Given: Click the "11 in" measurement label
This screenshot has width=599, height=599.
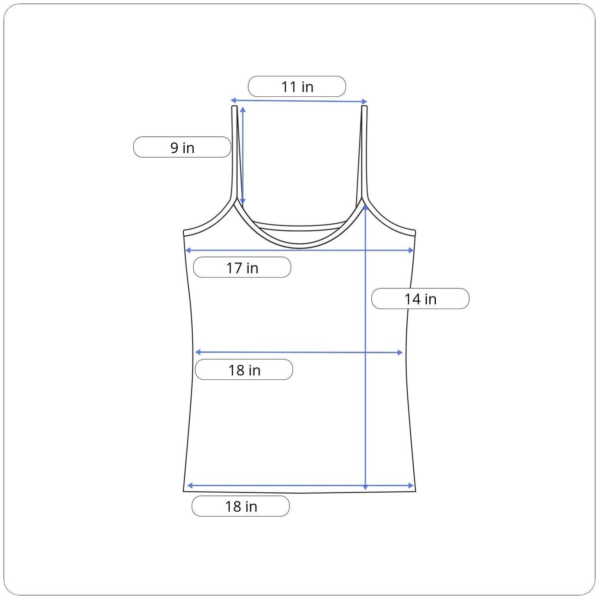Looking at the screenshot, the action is (x=297, y=87).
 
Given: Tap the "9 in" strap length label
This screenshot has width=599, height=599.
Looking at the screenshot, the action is (x=183, y=148).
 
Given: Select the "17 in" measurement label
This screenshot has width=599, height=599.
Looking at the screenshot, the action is (x=242, y=268).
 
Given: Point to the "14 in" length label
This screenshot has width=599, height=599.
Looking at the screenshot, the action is (x=420, y=299).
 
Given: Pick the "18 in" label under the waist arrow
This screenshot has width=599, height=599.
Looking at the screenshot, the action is (x=244, y=370).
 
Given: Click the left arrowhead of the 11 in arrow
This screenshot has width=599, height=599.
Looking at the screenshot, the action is (x=234, y=100).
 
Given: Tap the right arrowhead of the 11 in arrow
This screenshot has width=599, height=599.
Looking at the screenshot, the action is (x=364, y=101).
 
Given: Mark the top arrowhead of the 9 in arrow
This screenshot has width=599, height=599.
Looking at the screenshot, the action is (x=243, y=109).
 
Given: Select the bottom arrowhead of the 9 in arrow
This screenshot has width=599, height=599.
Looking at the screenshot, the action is (x=243, y=202).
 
